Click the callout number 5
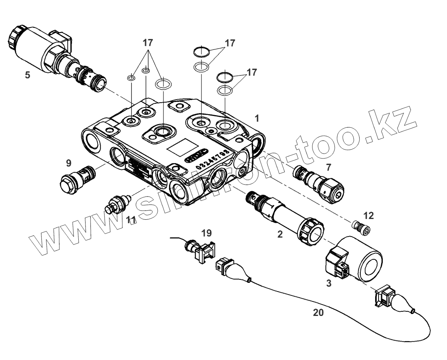[x=27, y=75]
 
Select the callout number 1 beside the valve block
[x=257, y=118]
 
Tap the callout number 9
[x=68, y=164]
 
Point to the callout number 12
[x=368, y=216]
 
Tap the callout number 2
[x=280, y=234]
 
